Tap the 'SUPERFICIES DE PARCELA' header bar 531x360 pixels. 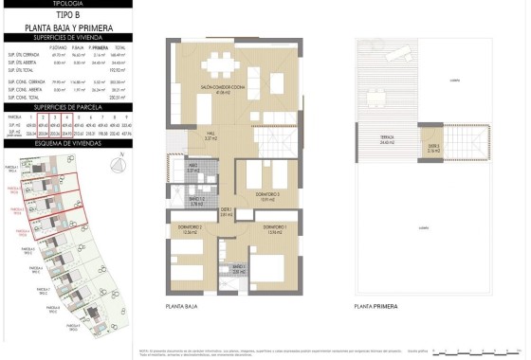(x=65, y=107)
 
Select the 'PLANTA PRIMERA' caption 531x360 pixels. (x=375, y=307)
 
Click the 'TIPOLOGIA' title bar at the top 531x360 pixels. (x=65, y=5)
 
